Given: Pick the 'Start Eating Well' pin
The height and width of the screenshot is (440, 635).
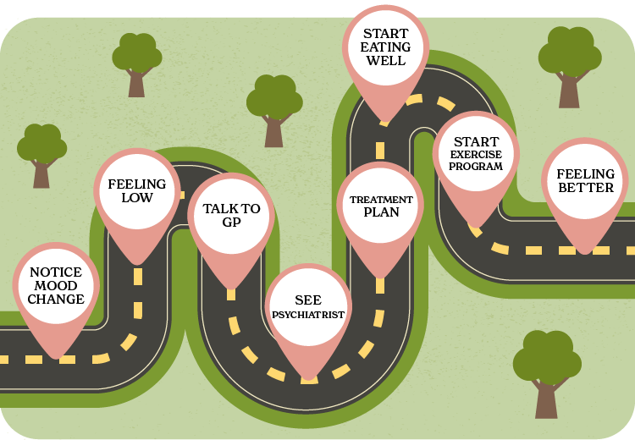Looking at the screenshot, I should [385, 47].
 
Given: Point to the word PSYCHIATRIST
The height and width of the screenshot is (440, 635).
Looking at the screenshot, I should [308, 315].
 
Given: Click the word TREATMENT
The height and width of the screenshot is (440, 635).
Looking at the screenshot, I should [381, 200].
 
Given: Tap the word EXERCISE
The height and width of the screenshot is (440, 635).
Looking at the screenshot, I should [476, 154].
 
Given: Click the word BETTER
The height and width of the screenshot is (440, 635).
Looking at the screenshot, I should [585, 188].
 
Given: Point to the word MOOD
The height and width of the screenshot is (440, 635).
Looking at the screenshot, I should [57, 286].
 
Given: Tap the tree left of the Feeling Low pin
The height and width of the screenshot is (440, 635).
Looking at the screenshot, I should [41, 153].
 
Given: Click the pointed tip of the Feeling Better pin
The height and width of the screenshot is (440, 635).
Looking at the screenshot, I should [584, 251].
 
